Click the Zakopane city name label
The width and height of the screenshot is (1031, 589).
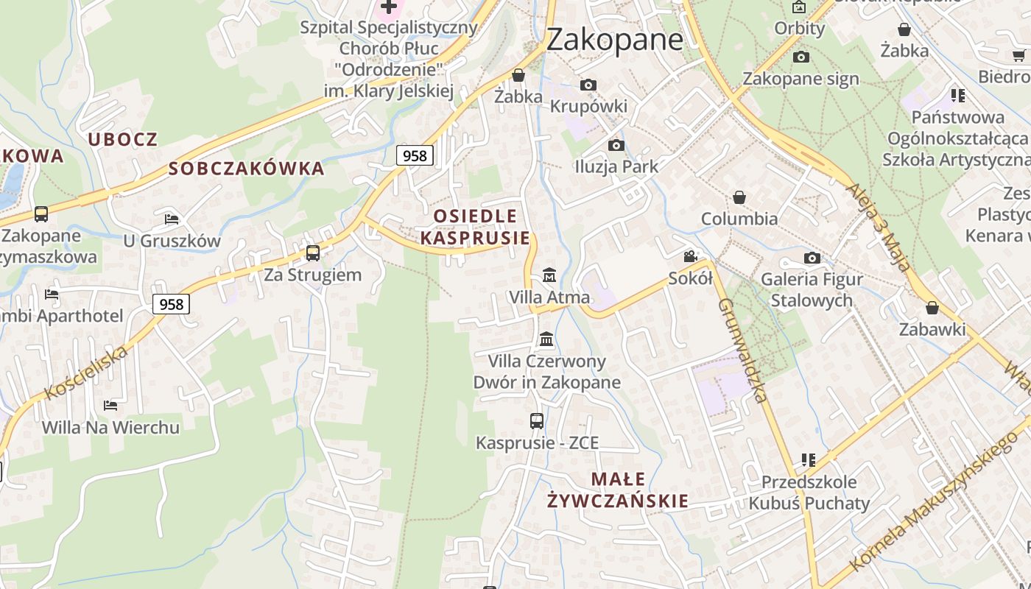614,39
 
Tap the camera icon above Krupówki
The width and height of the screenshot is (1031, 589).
588,85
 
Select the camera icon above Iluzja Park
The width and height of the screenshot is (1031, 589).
616,146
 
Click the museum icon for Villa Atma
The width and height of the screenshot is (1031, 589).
549,276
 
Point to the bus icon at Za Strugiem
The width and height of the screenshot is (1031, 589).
313,253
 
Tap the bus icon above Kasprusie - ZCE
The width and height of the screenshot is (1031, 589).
537,421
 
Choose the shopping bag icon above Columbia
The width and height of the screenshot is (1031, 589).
739,197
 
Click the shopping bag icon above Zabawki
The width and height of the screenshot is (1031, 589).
932,308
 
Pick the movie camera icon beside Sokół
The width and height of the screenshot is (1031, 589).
690,256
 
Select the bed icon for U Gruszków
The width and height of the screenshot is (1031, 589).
172,219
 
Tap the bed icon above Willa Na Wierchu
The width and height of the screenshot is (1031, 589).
110,406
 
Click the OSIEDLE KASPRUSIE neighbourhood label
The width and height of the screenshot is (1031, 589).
475,227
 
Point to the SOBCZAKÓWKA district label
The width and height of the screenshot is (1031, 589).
246,169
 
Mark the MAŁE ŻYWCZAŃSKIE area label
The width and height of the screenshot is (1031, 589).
619,490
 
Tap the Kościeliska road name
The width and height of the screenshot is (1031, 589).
85,373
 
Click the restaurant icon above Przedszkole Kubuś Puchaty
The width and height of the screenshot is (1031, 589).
809,460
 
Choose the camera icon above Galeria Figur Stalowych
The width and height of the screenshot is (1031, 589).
812,258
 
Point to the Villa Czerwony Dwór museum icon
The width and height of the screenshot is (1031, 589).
546,339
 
